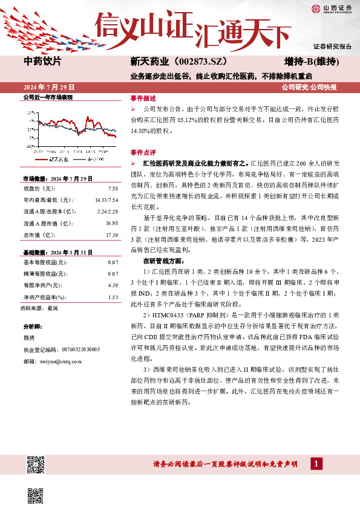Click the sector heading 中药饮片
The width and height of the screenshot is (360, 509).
pyautogui.click(x=42, y=61)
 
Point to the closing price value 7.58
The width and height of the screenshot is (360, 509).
pyautogui.click(x=112, y=187)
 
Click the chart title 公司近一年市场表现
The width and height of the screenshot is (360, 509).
pyautogui.click(x=48, y=97)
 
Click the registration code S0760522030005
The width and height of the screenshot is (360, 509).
pyautogui.click(x=76, y=349)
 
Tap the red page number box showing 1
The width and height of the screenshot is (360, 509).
pyautogui.click(x=315, y=463)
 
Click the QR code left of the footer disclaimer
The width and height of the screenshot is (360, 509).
pyautogui.click(x=36, y=464)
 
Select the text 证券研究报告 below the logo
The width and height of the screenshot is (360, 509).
pyautogui.click(x=332, y=47)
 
